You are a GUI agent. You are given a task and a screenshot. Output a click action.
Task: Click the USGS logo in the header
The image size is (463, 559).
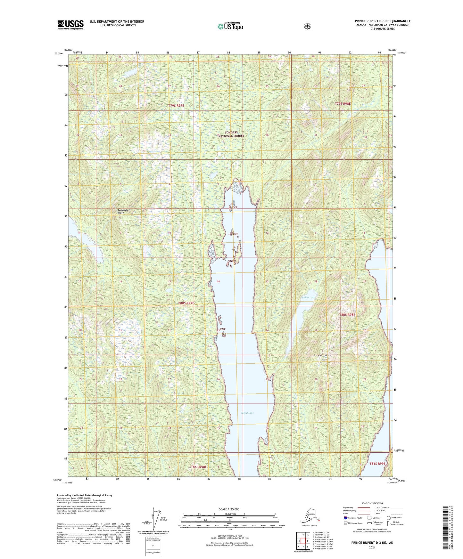(x=70, y=25)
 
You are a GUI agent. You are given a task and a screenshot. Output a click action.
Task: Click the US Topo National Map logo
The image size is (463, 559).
(x=230, y=26)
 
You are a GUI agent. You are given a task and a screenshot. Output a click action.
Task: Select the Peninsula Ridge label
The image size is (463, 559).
(x=123, y=211)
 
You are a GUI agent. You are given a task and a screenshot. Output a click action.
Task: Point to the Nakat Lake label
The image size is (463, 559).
(x=308, y=297)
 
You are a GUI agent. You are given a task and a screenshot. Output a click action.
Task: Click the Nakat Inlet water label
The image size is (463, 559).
(x=247, y=413)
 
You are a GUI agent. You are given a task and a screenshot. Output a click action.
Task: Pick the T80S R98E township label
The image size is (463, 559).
(x=347, y=315)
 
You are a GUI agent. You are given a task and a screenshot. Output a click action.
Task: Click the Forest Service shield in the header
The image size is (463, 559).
(x=307, y=26)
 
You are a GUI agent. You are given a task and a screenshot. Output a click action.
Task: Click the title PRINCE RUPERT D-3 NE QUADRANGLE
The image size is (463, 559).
(x=383, y=21)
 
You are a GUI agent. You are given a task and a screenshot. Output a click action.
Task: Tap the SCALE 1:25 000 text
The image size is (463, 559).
(x=229, y=509)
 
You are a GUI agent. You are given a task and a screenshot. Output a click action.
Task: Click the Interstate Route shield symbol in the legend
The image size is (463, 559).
(x=345, y=518)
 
